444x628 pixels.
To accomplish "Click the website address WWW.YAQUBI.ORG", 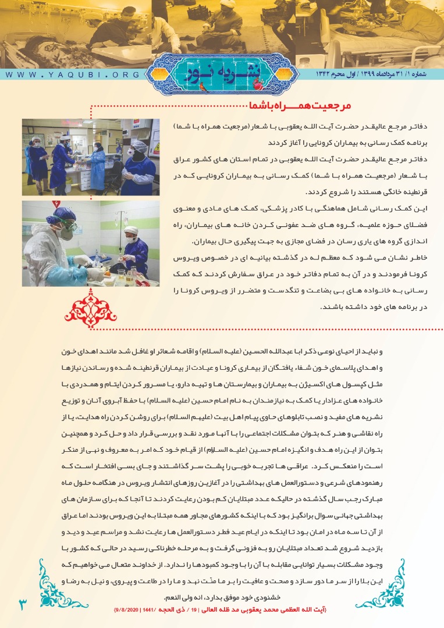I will (73, 75).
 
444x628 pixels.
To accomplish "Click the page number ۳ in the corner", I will (23, 604).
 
